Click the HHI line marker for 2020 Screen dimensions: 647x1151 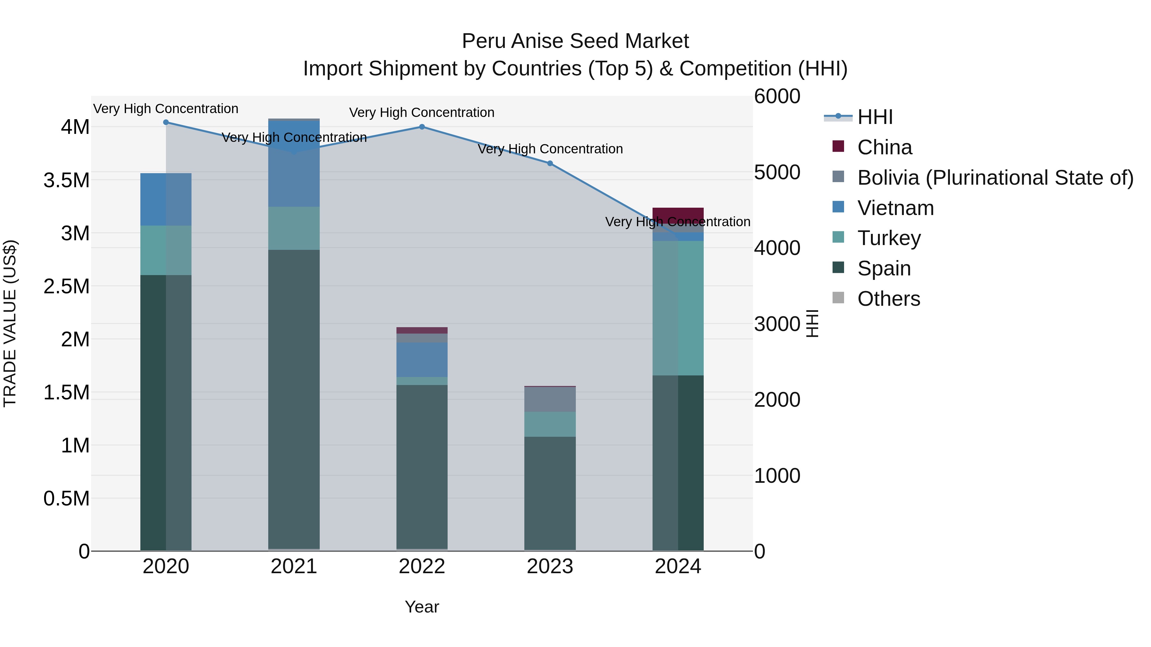166,122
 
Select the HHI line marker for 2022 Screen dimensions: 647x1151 422,127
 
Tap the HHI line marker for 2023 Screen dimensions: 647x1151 550,163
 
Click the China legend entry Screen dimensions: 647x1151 884,147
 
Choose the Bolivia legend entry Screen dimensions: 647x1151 995,178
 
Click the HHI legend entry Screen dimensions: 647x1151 875,117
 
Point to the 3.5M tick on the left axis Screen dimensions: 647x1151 67,181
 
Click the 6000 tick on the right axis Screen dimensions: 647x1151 777,96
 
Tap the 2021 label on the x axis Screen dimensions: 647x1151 294,566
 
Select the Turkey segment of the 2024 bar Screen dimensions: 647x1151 678,308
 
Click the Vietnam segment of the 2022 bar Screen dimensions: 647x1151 422,359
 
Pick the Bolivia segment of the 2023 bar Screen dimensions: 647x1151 550,399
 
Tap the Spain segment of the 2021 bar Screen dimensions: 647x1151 294,397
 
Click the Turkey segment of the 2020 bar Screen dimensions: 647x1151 166,250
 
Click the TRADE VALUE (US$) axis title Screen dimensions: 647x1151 10,323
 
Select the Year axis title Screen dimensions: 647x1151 422,607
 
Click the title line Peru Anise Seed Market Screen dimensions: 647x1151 575,41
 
